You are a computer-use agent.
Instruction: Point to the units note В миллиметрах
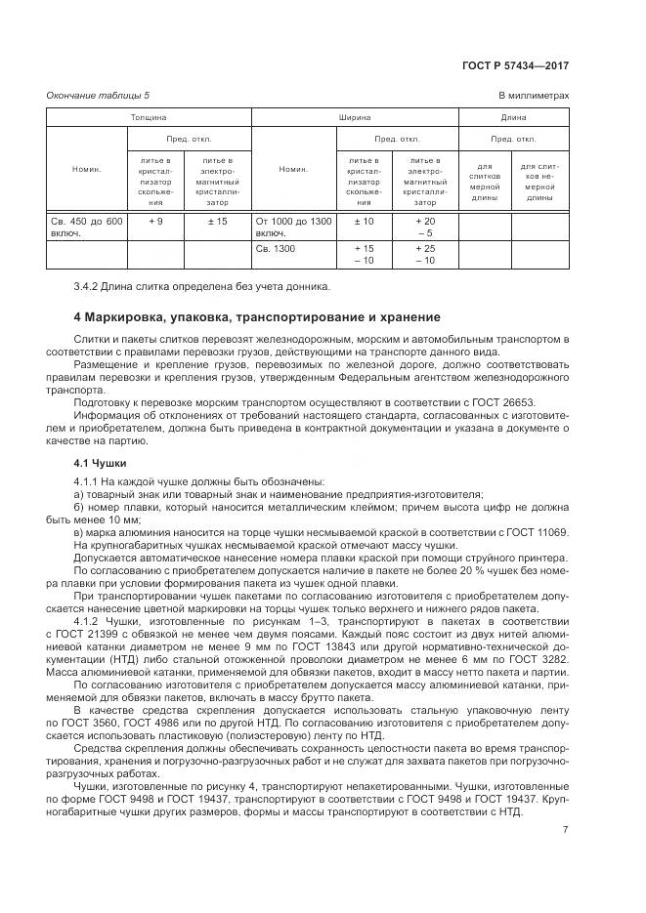[534, 95]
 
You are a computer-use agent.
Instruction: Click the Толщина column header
[149, 117]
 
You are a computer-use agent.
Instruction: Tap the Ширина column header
[354, 117]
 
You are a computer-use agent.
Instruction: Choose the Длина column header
[513, 117]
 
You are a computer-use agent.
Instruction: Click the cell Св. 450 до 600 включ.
[86, 228]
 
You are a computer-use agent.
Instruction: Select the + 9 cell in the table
[154, 222]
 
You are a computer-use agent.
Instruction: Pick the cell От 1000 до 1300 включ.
[293, 228]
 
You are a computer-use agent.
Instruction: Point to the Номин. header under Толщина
[87, 169]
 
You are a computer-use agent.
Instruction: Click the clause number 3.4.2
[88, 286]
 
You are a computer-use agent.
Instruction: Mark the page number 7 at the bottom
[565, 830]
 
